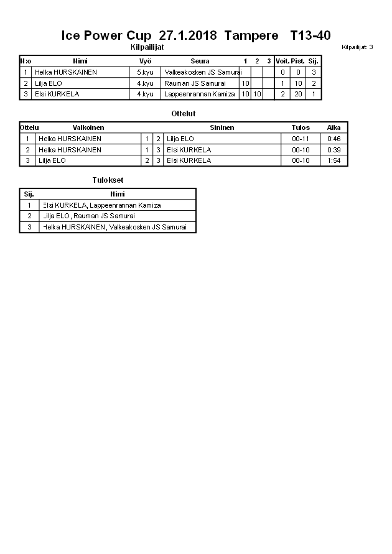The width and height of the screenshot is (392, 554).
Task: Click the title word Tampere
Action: tap(251, 35)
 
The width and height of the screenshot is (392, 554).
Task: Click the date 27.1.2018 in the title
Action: tap(188, 35)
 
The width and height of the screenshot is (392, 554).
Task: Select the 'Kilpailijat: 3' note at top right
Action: tap(357, 47)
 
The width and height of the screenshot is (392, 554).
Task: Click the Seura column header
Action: tap(200, 61)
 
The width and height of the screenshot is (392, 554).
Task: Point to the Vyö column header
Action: tap(145, 61)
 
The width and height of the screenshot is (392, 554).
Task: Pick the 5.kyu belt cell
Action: tap(145, 72)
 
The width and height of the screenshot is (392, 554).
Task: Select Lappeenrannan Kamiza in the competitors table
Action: tap(200, 94)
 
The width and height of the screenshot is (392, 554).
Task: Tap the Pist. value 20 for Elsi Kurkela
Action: tap(298, 94)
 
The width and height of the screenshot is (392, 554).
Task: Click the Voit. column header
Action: tap(282, 61)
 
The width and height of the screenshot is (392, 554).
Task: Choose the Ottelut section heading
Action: tap(183, 114)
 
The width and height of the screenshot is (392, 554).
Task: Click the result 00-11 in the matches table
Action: tap(301, 139)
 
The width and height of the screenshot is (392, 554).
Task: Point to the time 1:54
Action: tap(334, 160)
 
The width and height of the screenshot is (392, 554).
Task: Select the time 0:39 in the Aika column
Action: tap(334, 150)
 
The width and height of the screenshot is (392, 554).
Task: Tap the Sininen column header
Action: tap(222, 127)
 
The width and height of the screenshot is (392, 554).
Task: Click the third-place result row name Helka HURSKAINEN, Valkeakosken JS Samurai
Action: tap(114, 227)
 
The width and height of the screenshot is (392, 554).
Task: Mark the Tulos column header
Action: tap(301, 127)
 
